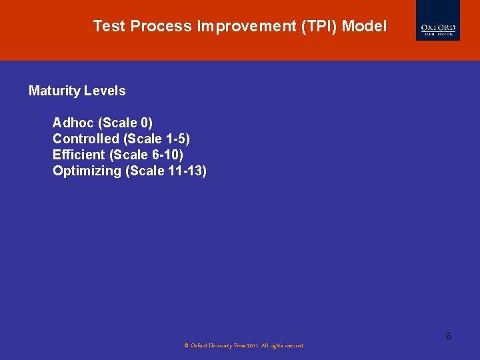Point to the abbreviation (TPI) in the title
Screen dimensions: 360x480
coord(319,27)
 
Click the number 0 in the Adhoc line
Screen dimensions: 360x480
coord(145,123)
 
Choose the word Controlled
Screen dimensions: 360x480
coord(86,139)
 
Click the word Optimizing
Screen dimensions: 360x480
coord(87,171)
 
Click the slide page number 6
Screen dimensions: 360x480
coord(449,336)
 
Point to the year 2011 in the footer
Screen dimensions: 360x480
coord(251,346)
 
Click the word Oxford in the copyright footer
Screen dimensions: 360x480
coord(198,346)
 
